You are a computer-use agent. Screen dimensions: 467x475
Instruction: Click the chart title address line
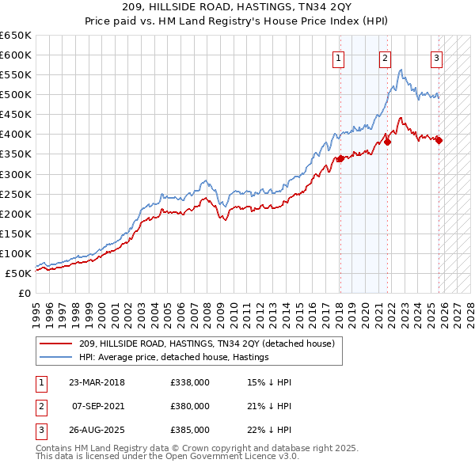click(237, 7)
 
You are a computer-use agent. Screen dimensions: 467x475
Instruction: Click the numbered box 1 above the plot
click(338, 57)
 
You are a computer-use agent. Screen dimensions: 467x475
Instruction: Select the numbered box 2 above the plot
click(385, 57)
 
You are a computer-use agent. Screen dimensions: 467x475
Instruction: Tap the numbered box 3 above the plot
click(436, 57)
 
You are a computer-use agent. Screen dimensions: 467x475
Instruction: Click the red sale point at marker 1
click(340, 158)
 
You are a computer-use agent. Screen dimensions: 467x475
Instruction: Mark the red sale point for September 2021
click(388, 142)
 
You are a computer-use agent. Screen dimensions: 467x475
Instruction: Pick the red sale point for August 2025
click(439, 140)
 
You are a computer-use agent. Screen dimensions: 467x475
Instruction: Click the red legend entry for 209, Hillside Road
click(207, 344)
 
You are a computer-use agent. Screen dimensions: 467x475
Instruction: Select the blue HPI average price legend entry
click(173, 357)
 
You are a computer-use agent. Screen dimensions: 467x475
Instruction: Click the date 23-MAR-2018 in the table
click(97, 383)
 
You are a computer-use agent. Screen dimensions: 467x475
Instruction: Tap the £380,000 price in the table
click(190, 406)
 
